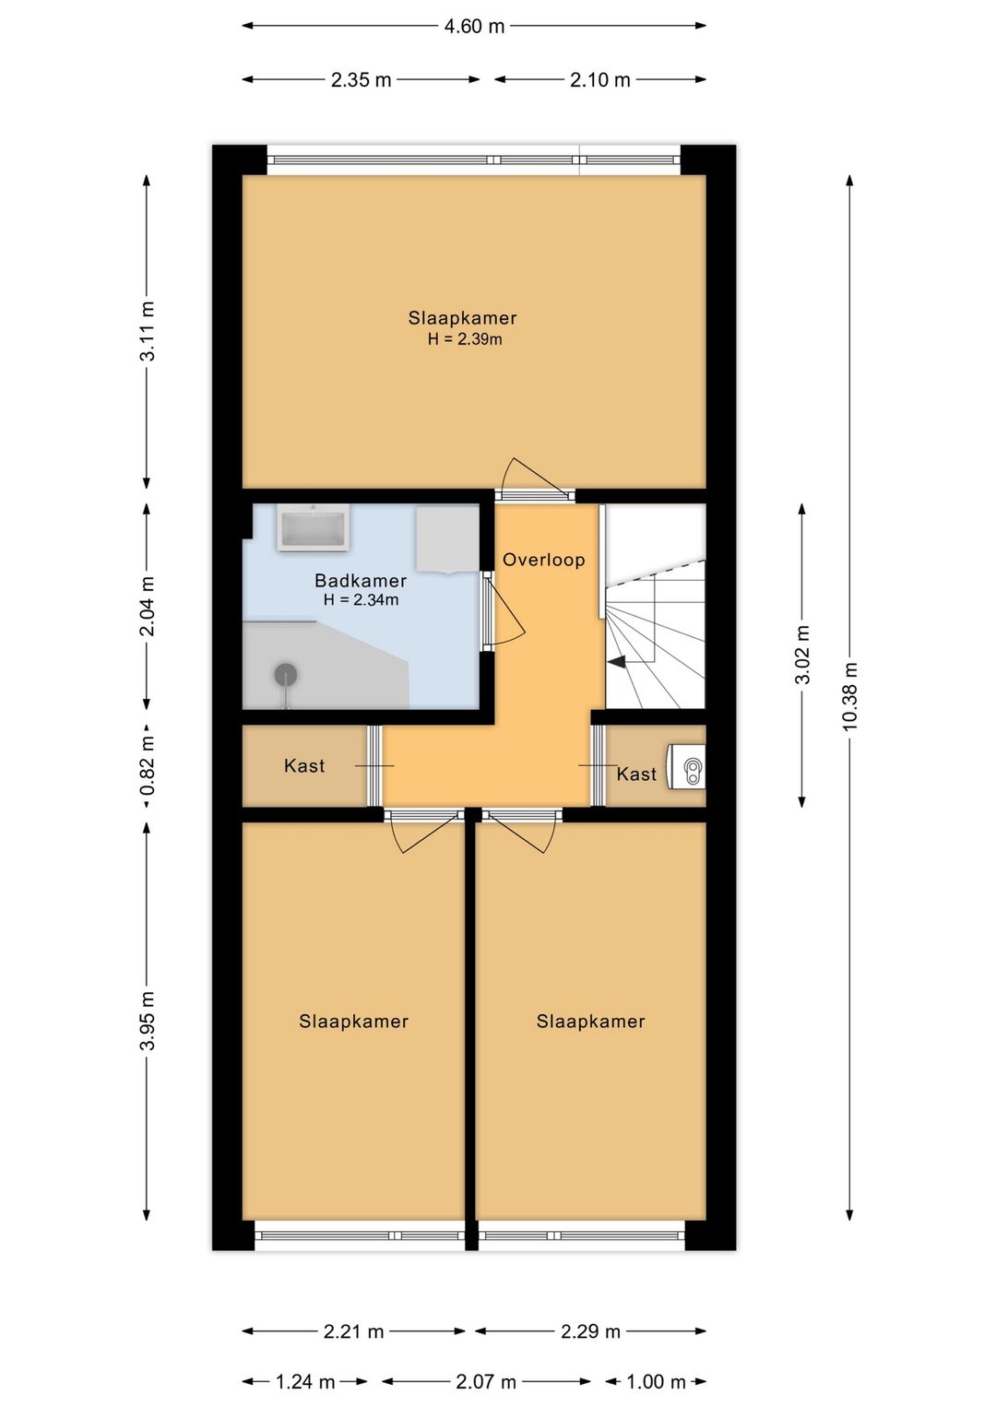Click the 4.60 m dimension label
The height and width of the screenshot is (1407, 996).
[x=474, y=27]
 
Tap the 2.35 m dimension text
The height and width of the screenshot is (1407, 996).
[x=361, y=80]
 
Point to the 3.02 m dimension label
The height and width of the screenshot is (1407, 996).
[x=802, y=655]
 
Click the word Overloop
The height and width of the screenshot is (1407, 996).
[x=543, y=560]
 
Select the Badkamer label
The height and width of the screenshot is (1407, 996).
[x=360, y=580]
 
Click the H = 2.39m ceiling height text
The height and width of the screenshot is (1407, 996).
[x=465, y=339]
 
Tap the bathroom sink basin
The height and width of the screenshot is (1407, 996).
[x=313, y=528]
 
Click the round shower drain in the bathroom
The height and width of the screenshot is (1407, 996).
[x=286, y=674]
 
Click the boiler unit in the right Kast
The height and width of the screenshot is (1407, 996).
[x=686, y=766]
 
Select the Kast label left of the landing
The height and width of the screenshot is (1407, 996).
[x=304, y=765]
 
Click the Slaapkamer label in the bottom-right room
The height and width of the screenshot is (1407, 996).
[x=590, y=1022]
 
